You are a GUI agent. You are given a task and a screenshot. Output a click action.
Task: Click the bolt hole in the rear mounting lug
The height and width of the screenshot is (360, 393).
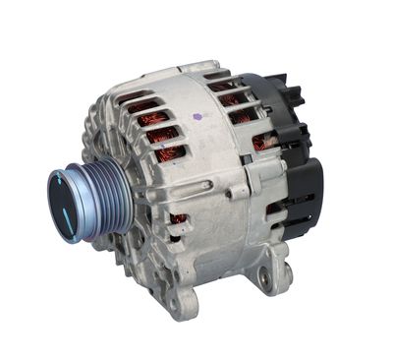262,279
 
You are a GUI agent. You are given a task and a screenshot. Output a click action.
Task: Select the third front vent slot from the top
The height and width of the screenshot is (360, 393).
161,135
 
